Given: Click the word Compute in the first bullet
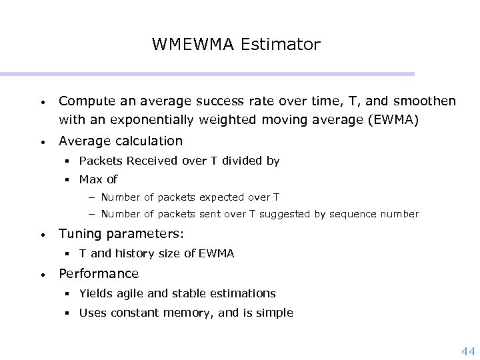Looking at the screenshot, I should [x=85, y=101].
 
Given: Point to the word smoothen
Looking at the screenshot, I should [x=426, y=101].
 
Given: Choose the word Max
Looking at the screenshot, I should [x=89, y=179].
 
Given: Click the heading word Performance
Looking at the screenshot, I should [x=99, y=273].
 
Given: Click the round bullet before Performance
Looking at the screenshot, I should [x=41, y=275].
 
